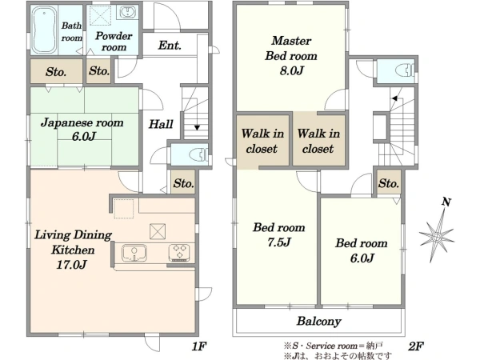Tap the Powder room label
point(114,42)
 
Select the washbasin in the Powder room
point(126,13)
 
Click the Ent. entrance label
point(170,46)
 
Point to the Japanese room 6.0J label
point(82,129)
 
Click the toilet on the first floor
point(198,154)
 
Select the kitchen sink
point(134,253)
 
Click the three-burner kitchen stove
point(179,253)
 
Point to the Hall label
point(161,124)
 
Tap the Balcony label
point(318,321)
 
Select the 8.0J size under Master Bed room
point(291,70)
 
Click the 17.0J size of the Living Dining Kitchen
point(72,264)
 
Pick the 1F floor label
point(199,346)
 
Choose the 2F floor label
point(416,346)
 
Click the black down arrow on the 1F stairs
point(197,127)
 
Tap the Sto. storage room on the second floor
point(389,182)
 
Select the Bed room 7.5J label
point(279,234)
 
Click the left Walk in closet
point(262,141)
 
